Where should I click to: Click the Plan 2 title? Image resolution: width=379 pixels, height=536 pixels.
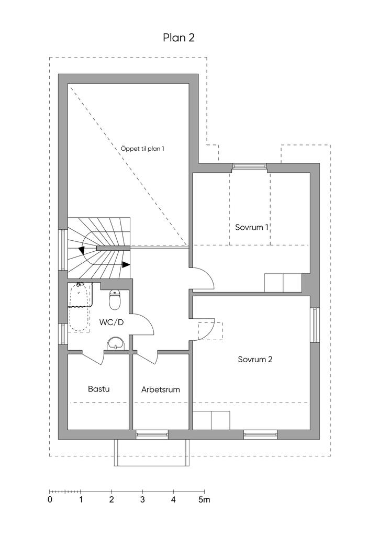click(x=179, y=38)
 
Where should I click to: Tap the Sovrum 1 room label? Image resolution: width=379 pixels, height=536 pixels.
click(x=251, y=227)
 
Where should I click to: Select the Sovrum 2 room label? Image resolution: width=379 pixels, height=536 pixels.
click(x=255, y=359)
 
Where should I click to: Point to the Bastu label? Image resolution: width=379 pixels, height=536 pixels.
click(x=99, y=389)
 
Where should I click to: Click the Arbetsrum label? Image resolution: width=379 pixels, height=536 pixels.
click(x=161, y=389)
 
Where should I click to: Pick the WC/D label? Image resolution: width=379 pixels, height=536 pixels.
click(x=112, y=322)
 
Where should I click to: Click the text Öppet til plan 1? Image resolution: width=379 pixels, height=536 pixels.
click(x=142, y=149)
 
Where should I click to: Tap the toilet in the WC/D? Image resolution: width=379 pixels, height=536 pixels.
click(x=115, y=300)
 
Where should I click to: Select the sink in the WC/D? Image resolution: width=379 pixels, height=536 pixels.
click(x=116, y=343)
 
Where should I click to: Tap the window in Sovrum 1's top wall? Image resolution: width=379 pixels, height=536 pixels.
click(x=250, y=166)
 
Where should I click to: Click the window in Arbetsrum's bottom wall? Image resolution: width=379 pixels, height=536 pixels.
click(x=152, y=434)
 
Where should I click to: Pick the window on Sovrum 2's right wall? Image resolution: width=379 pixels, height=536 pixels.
click(x=315, y=325)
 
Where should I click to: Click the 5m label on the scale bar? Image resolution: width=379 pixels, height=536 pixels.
click(x=204, y=500)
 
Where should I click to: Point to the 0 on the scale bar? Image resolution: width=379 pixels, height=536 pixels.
click(x=50, y=500)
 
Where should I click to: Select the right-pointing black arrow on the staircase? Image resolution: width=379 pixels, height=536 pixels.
click(x=126, y=264)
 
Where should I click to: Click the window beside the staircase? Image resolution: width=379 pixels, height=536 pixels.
click(x=63, y=250)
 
